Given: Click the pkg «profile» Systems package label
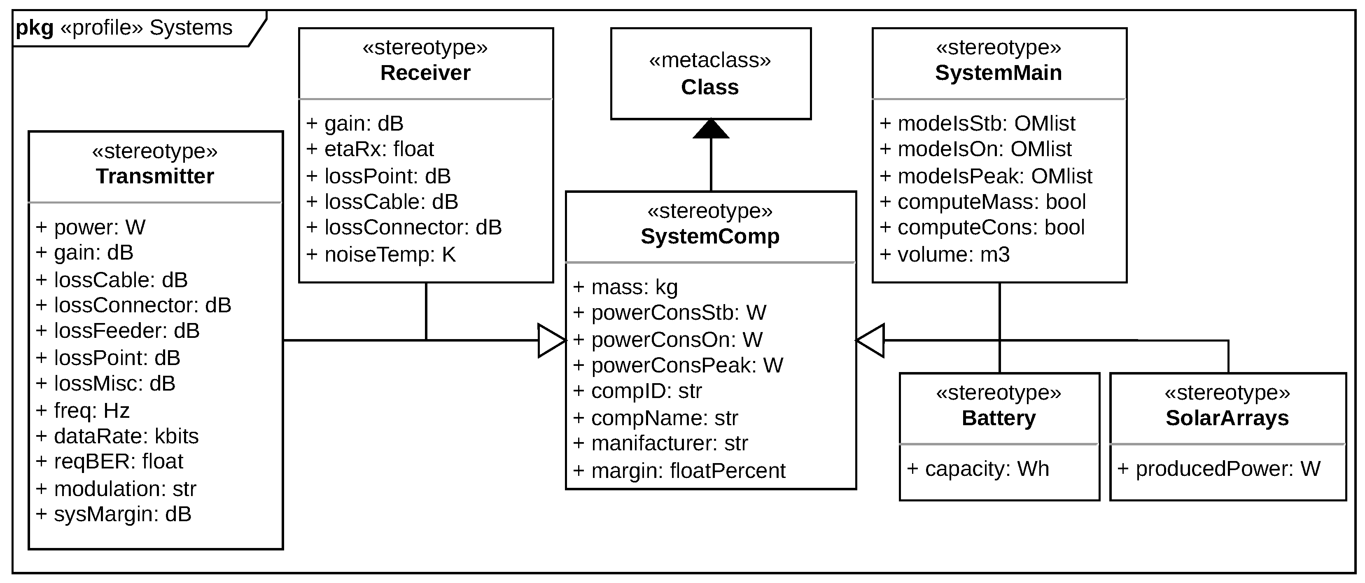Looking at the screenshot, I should point(124,28).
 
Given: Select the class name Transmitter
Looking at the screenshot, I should point(155,176).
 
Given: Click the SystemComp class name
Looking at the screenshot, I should point(710,236).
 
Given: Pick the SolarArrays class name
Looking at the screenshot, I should point(1227,418).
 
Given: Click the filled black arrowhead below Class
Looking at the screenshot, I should point(711,130).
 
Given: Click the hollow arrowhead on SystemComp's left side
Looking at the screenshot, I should point(551,340).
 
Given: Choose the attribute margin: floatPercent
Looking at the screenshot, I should point(680,471).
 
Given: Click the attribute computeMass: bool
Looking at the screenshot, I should point(983,202).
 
